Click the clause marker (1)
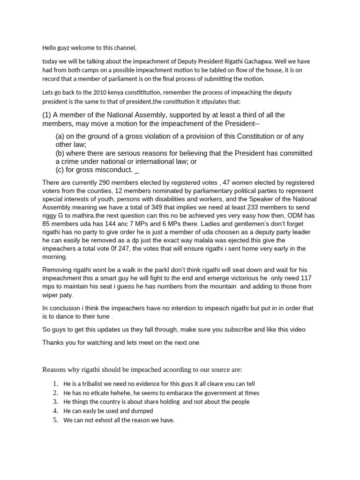(x=48, y=115)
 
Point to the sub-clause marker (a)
(x=60, y=136)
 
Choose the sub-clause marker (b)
(x=60, y=153)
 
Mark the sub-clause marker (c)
(x=60, y=170)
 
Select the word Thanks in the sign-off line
(x=52, y=343)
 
